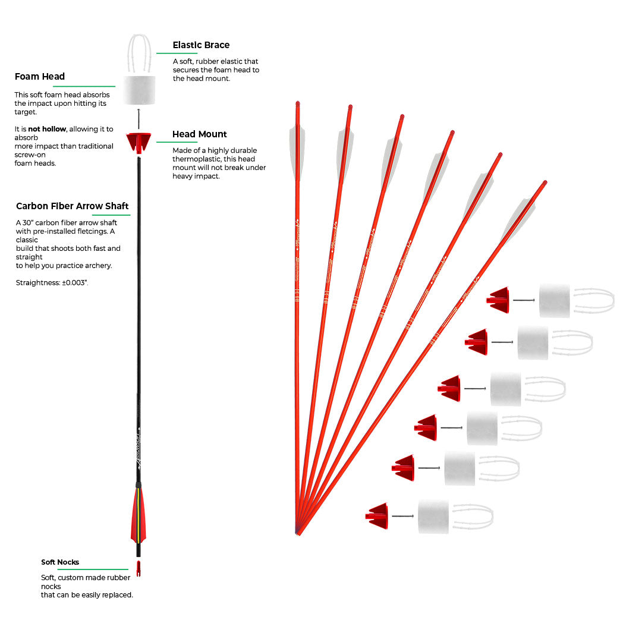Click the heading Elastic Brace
point(201,45)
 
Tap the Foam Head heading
point(40,77)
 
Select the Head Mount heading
point(200,134)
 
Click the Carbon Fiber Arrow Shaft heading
point(73,206)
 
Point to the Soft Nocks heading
point(60,562)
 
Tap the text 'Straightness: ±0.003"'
point(52,283)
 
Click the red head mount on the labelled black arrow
point(139,143)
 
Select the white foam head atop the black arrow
point(139,90)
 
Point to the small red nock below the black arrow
point(139,568)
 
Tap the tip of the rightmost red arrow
point(545,182)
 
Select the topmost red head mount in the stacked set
point(499,300)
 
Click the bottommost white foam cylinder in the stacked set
point(433,516)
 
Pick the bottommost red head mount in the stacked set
point(378,516)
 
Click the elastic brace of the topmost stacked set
point(593,300)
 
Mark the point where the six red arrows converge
point(297,532)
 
